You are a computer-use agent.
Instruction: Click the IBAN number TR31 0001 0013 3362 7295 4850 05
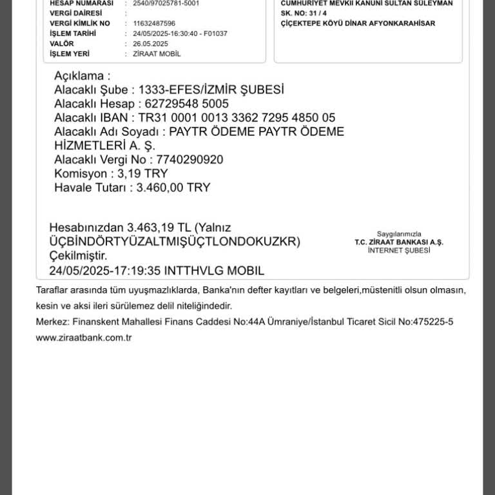coord(237,118)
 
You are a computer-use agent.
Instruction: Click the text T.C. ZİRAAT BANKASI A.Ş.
coord(399,242)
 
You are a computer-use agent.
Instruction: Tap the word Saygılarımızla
coord(399,234)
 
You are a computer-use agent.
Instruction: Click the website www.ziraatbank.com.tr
coord(84,338)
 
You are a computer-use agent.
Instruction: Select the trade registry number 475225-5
coord(431,322)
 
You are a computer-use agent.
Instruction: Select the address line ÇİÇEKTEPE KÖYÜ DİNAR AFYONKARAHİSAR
coord(358,23)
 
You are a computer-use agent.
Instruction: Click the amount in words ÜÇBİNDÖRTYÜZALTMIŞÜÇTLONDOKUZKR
coord(175,242)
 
